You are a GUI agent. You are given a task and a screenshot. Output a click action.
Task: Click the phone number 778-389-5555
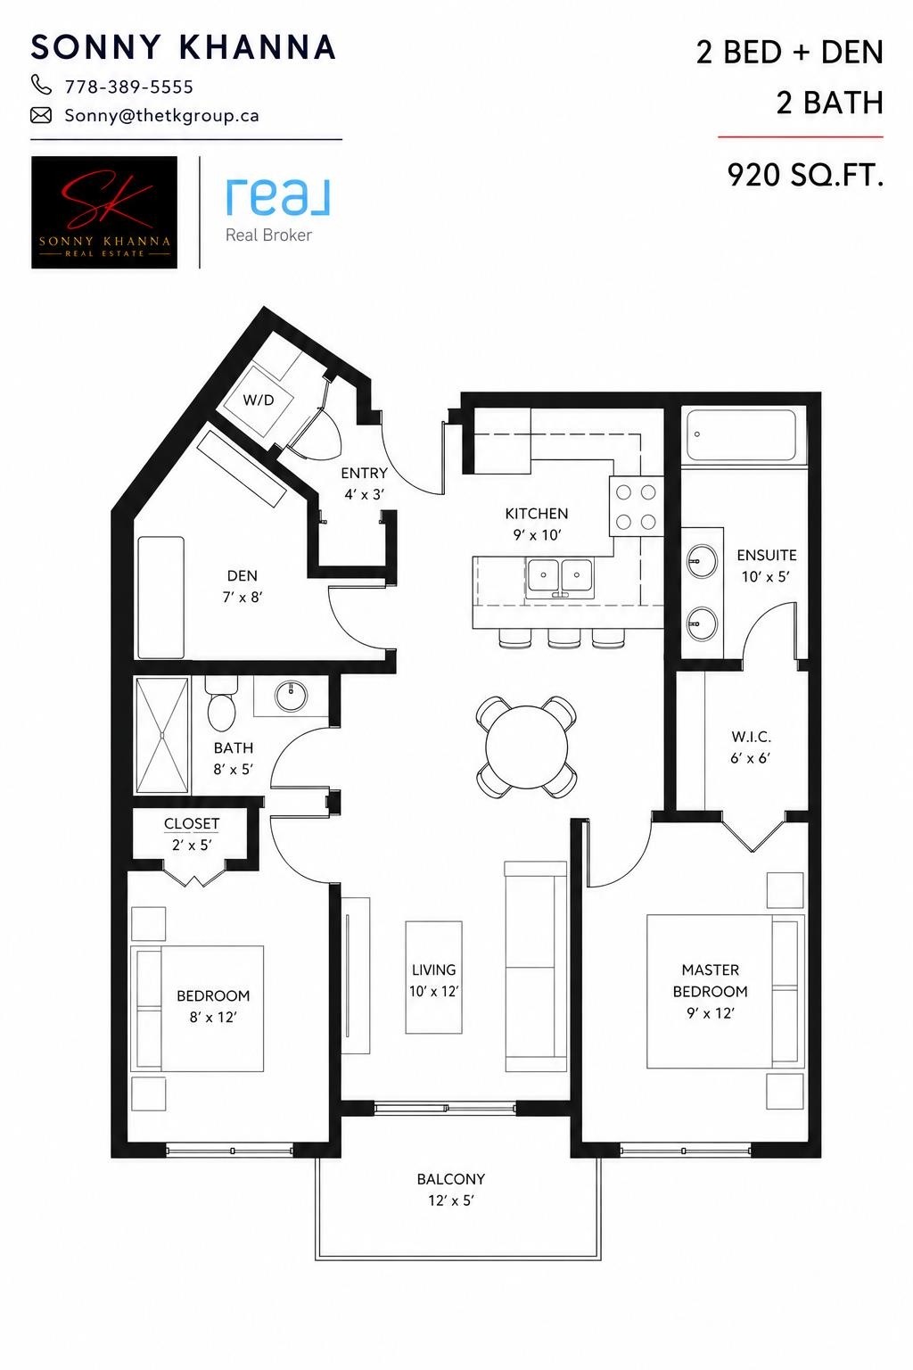pos(129,87)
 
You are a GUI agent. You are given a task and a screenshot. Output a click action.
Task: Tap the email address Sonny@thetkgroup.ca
pos(162,116)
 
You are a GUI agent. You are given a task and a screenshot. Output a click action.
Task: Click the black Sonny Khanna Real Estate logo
pos(104,212)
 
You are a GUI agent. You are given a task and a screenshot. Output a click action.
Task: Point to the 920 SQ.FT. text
pos(805,175)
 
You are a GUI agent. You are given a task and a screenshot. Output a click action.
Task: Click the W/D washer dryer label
pos(258,400)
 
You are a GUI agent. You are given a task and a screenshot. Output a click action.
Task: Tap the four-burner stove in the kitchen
pos(636,507)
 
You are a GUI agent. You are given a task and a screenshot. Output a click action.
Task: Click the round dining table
pos(527,747)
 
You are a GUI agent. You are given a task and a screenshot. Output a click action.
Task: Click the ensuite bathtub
pos(741,435)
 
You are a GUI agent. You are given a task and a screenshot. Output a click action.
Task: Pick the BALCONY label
pos(451,1178)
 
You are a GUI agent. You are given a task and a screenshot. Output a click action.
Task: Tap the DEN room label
pos(243,575)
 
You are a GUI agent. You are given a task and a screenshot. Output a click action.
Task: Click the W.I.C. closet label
pos(751,737)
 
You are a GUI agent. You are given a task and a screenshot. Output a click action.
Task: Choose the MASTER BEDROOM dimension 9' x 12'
pos(710,1013)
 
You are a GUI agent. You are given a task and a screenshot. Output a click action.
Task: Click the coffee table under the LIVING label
pos(433,978)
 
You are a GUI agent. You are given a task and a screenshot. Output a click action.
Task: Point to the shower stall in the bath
pos(162,735)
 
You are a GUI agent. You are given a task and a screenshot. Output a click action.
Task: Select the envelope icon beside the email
pos(41,115)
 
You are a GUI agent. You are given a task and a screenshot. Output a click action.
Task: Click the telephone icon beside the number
pos(41,85)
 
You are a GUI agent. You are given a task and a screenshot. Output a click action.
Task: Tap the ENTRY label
pos(364,473)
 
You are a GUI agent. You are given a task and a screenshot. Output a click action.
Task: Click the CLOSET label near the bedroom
pos(192,823)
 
